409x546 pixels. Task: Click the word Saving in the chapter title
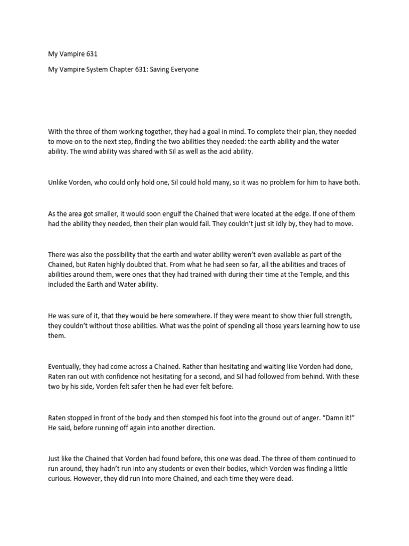(155, 70)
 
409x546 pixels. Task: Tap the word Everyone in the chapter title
(183, 70)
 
